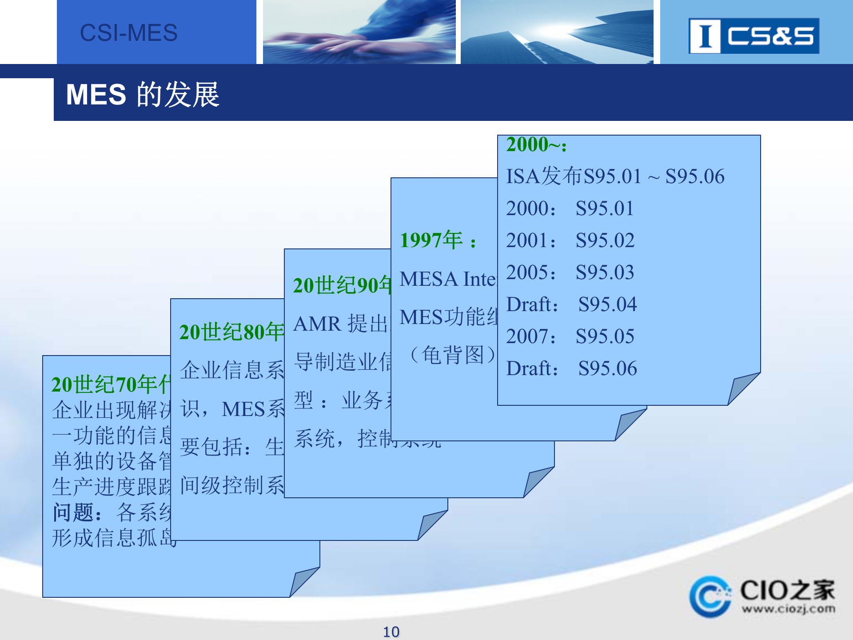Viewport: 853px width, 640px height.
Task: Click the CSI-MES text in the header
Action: (128, 33)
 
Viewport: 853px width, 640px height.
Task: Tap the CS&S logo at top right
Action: (753, 36)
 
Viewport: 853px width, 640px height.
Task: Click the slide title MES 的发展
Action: (143, 95)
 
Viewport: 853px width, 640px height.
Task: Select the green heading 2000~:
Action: (536, 145)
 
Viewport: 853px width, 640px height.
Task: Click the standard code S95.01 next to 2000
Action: (605, 208)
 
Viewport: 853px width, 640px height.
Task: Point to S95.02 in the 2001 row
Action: (605, 240)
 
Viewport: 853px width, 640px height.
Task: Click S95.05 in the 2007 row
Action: (605, 336)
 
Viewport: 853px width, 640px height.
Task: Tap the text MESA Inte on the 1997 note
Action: (447, 279)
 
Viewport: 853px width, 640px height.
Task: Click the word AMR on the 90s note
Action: (317, 324)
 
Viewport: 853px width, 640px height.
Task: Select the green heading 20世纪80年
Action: (231, 332)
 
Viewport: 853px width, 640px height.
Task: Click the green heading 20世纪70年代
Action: (110, 384)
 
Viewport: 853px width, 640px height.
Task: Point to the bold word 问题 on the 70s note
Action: (73, 512)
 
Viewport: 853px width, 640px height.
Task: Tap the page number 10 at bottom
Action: (391, 632)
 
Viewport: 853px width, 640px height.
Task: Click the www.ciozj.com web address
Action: (788, 608)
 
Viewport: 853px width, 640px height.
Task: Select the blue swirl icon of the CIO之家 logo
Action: (710, 596)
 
